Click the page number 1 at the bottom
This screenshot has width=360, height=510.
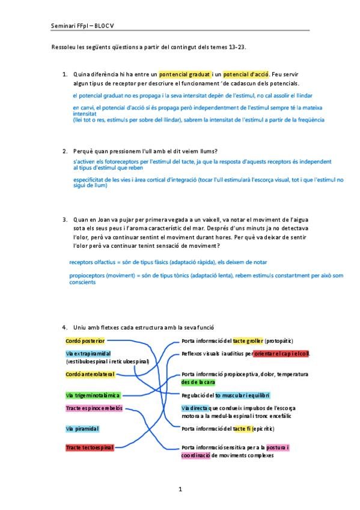point(180,489)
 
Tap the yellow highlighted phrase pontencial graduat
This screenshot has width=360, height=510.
point(184,73)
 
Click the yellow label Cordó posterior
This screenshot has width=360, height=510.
point(85,341)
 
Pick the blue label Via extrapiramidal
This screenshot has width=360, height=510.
point(88,354)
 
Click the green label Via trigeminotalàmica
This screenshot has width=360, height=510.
point(93,395)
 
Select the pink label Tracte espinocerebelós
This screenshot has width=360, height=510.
point(94,408)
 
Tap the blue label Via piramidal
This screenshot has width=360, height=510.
point(82,429)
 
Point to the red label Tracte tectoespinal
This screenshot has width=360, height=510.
point(89,447)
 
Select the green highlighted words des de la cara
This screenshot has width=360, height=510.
point(198,382)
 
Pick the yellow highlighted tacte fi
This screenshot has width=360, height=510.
point(243,428)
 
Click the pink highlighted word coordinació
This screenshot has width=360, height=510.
point(196,455)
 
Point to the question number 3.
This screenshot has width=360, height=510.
point(65,220)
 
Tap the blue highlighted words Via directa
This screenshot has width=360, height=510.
point(195,408)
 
